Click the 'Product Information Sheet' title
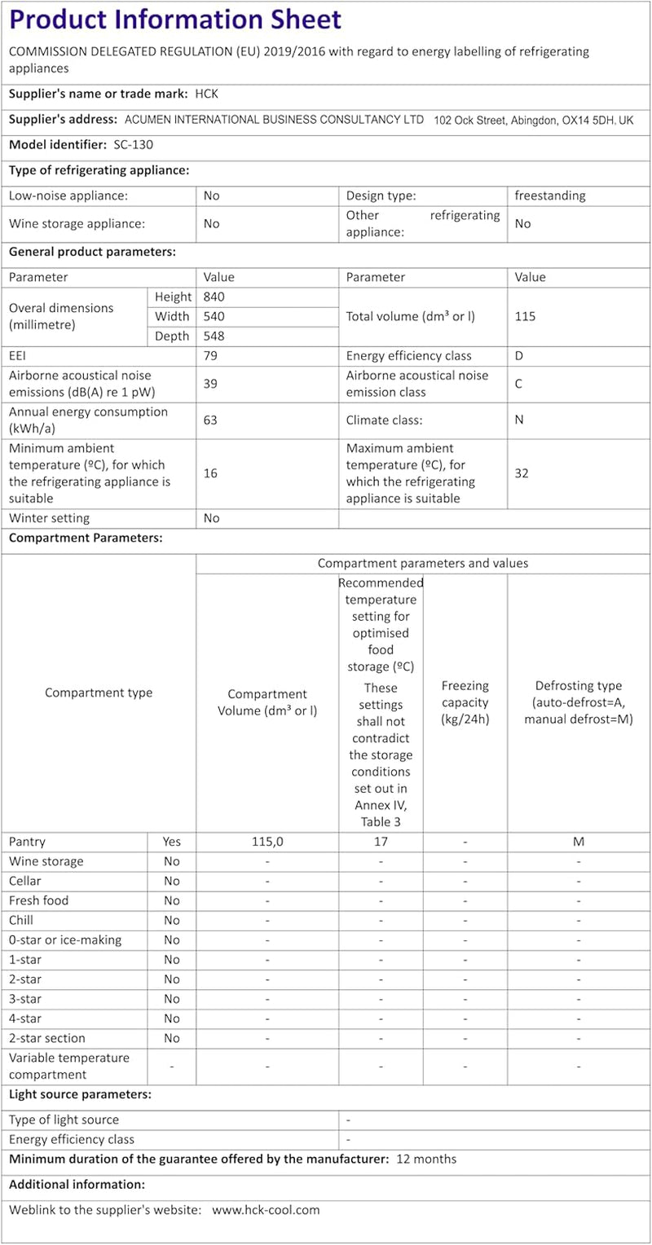tap(175, 20)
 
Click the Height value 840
tap(214, 297)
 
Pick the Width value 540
tap(214, 317)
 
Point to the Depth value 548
tap(214, 337)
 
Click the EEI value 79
tap(211, 356)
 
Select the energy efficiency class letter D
tap(519, 356)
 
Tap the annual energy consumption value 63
tap(211, 420)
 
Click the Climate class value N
tap(519, 420)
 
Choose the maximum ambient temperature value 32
tap(522, 473)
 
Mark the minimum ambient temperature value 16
tap(211, 473)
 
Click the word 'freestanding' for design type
tap(550, 196)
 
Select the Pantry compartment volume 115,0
tap(267, 842)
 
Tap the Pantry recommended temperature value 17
tap(381, 842)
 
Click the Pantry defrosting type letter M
tap(579, 842)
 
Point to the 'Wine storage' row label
tap(46, 861)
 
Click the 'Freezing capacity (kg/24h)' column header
tap(465, 702)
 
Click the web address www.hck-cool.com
tap(266, 1210)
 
